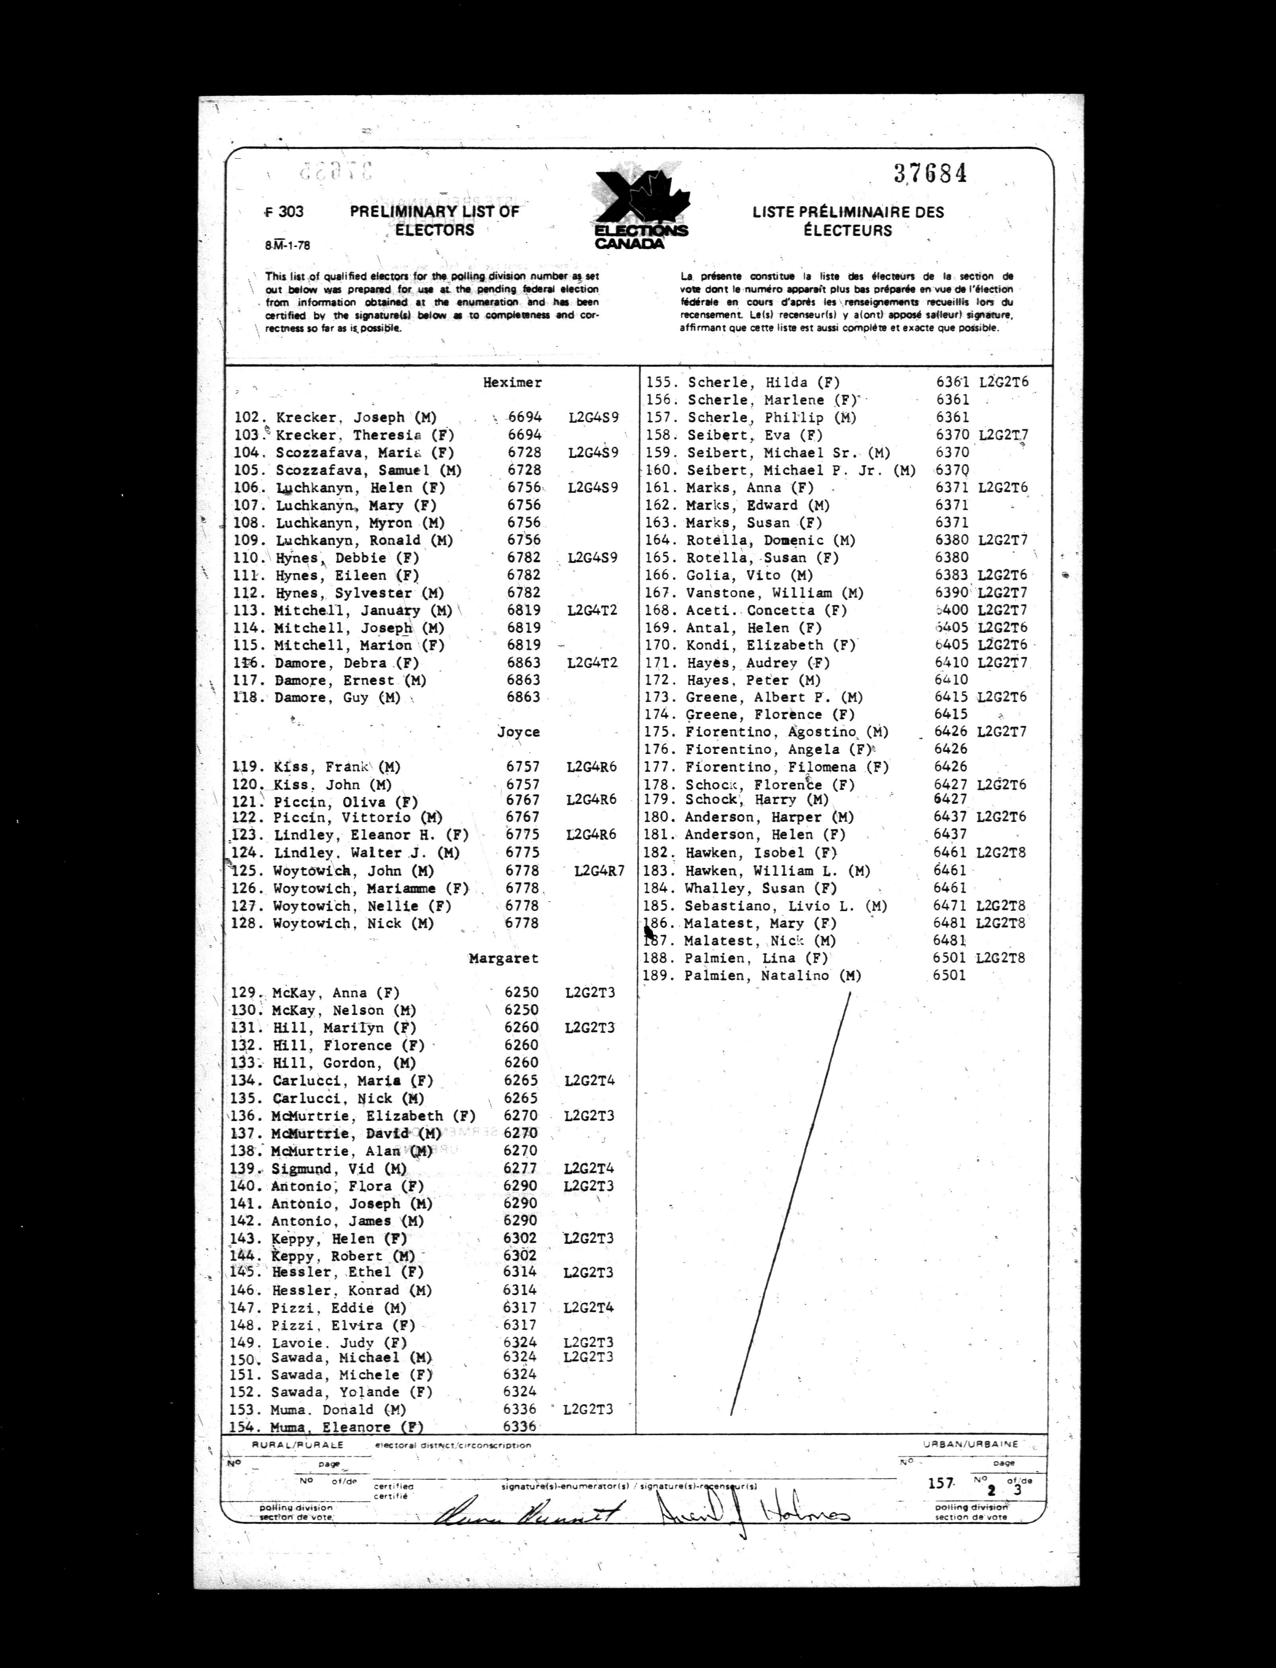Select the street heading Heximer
tap(513, 382)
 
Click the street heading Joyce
tap(519, 732)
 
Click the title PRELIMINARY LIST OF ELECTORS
tap(434, 220)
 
